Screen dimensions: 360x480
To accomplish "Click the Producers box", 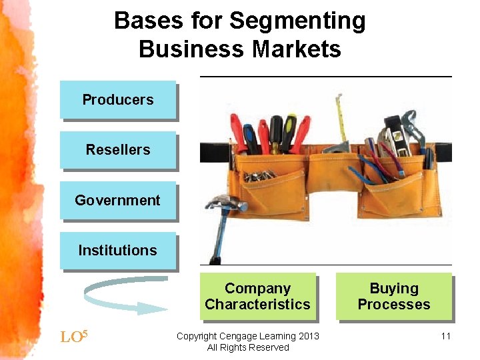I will [118, 100].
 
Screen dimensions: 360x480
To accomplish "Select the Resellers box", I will [118, 150].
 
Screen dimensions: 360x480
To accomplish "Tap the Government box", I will [118, 200].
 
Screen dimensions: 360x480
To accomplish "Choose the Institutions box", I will [118, 251].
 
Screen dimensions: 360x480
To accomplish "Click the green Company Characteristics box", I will [257, 297].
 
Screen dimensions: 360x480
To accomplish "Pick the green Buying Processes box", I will [394, 297].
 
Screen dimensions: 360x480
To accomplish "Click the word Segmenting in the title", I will [297, 21].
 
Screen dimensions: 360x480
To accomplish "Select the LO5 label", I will [73, 336].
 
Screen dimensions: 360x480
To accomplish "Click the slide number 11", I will [446, 336].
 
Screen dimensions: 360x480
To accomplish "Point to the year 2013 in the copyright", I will [308, 336].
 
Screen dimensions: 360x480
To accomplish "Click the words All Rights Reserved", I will [248, 347].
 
